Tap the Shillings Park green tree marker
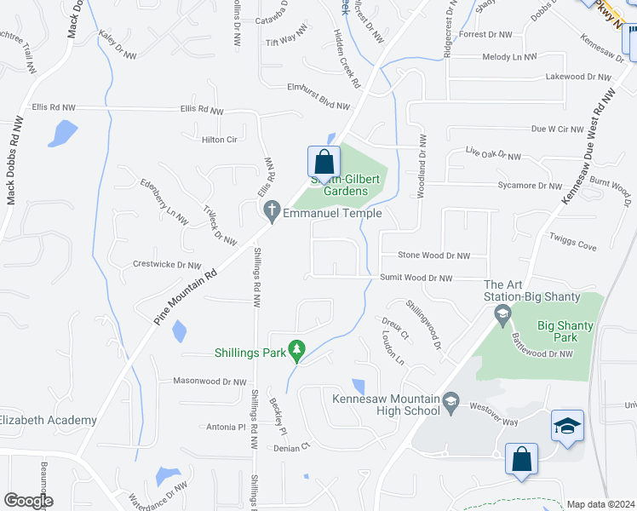pos(296,350)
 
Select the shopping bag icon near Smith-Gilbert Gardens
pos(324,162)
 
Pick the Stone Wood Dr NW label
pos(434,255)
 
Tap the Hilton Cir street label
pos(218,140)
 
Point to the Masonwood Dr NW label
pos(209,381)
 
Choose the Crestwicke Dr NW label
pos(167,264)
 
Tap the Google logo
pos(28,500)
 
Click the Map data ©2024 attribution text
pos(600,504)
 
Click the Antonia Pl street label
pos(226,427)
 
